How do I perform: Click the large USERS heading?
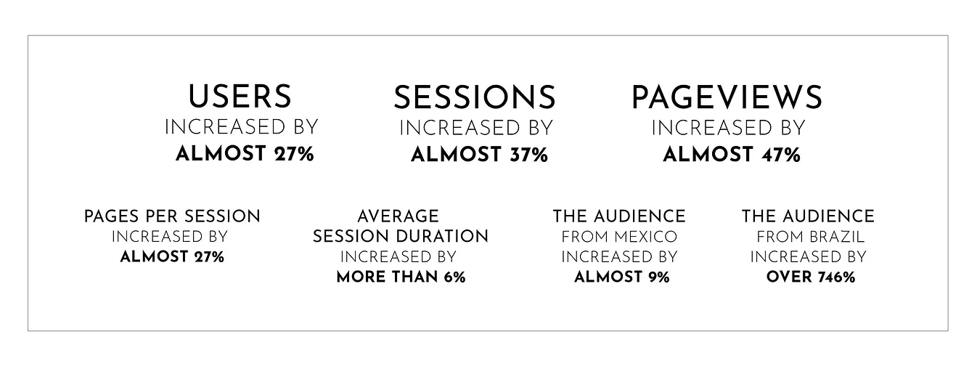[x=240, y=97]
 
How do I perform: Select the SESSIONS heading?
[x=475, y=97]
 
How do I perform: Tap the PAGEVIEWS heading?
[x=727, y=97]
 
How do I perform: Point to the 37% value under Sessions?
[x=528, y=155]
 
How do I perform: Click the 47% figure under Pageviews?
[x=781, y=155]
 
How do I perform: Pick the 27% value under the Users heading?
[x=294, y=154]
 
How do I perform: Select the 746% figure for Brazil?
[x=837, y=277]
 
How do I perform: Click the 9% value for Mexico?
[x=658, y=277]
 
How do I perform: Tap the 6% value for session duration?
[x=455, y=277]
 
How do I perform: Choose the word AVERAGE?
[x=398, y=216]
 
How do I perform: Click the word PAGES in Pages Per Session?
[x=111, y=216]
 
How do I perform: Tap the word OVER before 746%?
[x=789, y=277]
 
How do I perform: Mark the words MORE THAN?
[x=388, y=277]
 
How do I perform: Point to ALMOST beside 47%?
[x=708, y=155]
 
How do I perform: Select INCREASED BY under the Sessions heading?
[x=476, y=129]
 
